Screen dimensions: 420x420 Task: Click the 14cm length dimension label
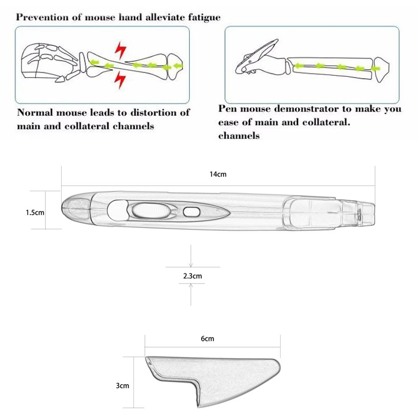[218, 174]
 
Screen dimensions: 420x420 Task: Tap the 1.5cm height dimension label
[35, 213]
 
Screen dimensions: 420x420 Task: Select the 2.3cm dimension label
[192, 276]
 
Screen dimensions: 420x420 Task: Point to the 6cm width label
[207, 339]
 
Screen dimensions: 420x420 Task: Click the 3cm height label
[122, 386]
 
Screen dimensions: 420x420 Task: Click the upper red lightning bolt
[121, 50]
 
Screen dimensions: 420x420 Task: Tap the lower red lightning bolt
[120, 80]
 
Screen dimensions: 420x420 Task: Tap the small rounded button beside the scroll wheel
[192, 212]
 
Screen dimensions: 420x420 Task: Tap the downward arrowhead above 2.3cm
[191, 265]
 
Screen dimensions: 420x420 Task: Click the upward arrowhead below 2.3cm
[191, 286]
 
